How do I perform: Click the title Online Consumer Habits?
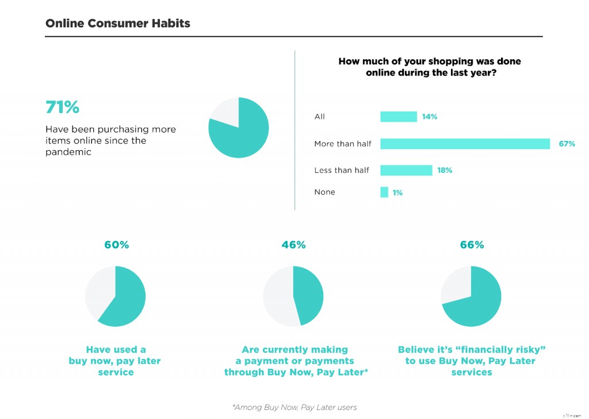click(117, 24)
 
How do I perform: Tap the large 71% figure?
click(62, 107)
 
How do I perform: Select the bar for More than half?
click(465, 143)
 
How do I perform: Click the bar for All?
click(398, 116)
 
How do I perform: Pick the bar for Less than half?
click(406, 170)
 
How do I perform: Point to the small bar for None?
click(384, 192)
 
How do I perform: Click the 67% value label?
click(567, 143)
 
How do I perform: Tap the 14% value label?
click(430, 116)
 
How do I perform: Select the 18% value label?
click(445, 170)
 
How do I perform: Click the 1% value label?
click(397, 193)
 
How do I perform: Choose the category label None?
click(324, 192)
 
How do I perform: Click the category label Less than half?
click(342, 170)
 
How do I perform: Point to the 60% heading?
click(117, 245)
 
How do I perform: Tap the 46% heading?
click(293, 245)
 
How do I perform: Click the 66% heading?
click(472, 245)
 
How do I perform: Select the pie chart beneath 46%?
click(293, 296)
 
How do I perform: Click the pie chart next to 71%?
click(238, 128)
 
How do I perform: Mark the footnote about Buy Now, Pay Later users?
click(294, 407)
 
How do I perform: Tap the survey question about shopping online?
click(430, 67)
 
